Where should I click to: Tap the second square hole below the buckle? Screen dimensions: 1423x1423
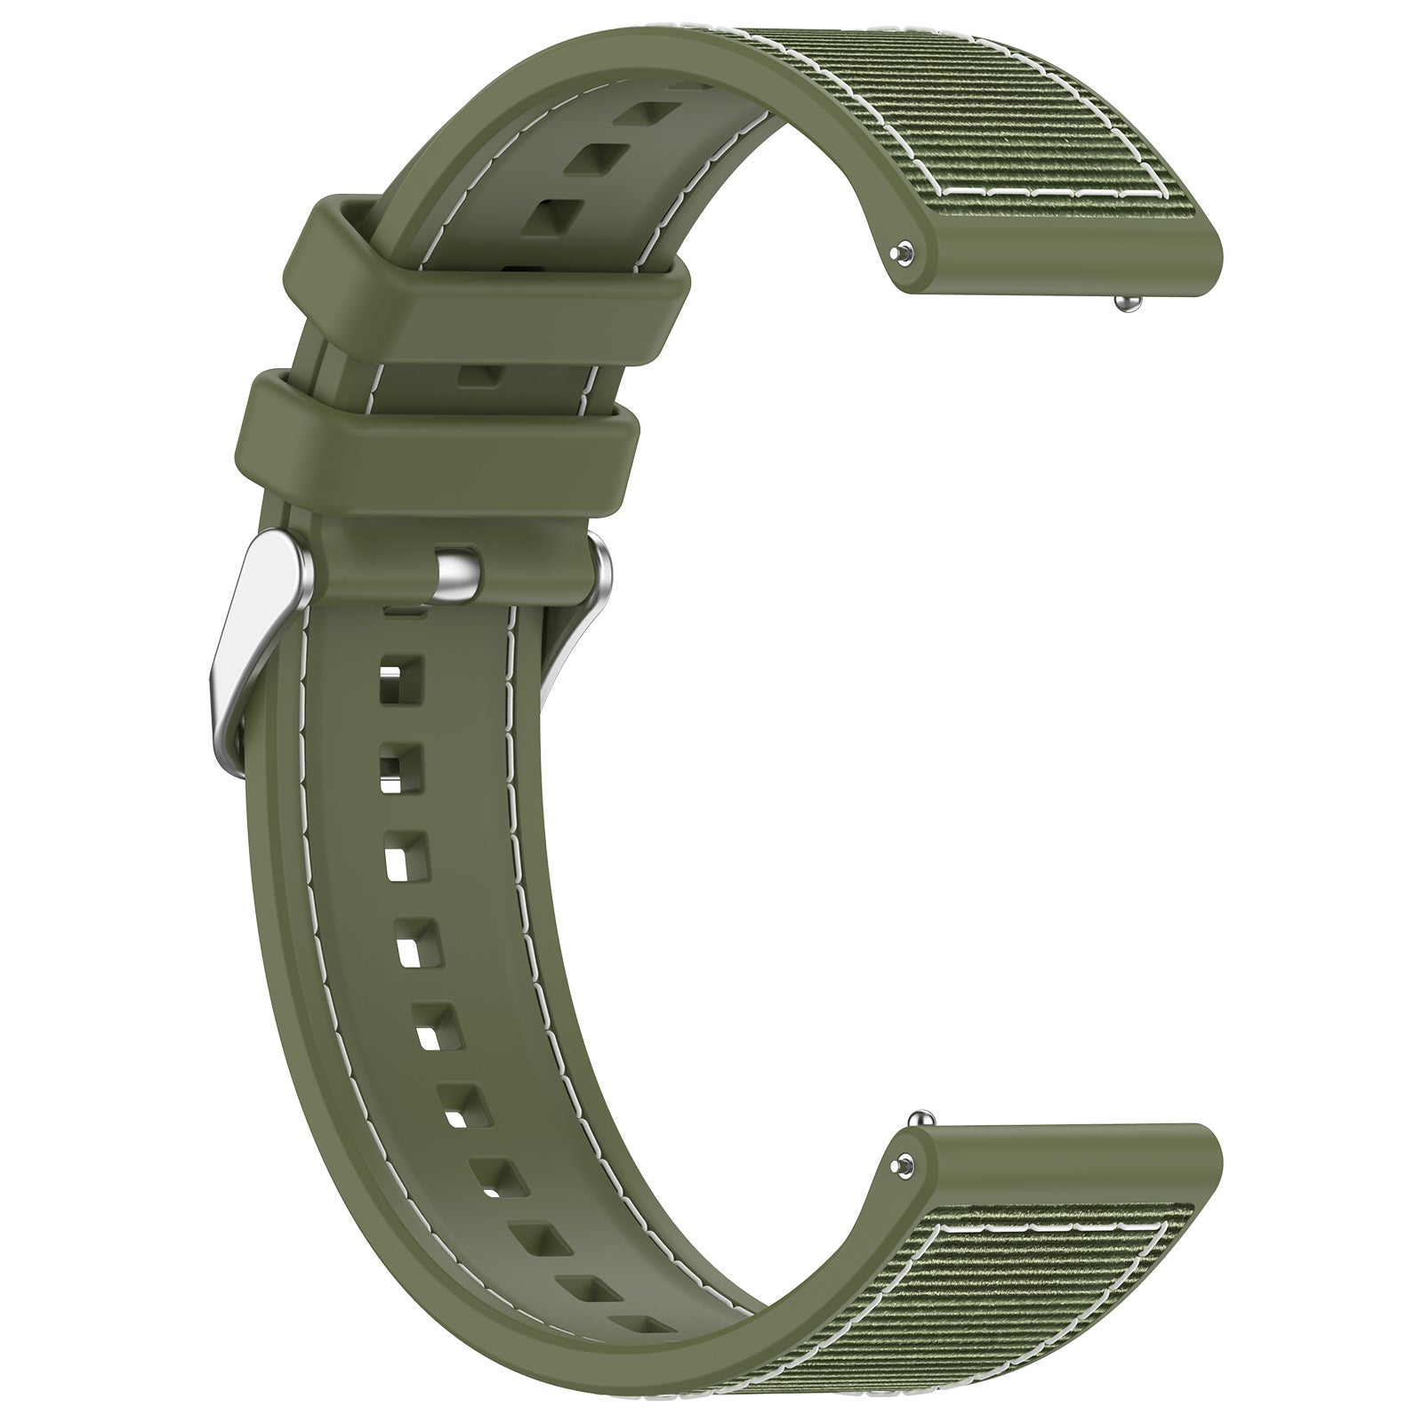point(395,765)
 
